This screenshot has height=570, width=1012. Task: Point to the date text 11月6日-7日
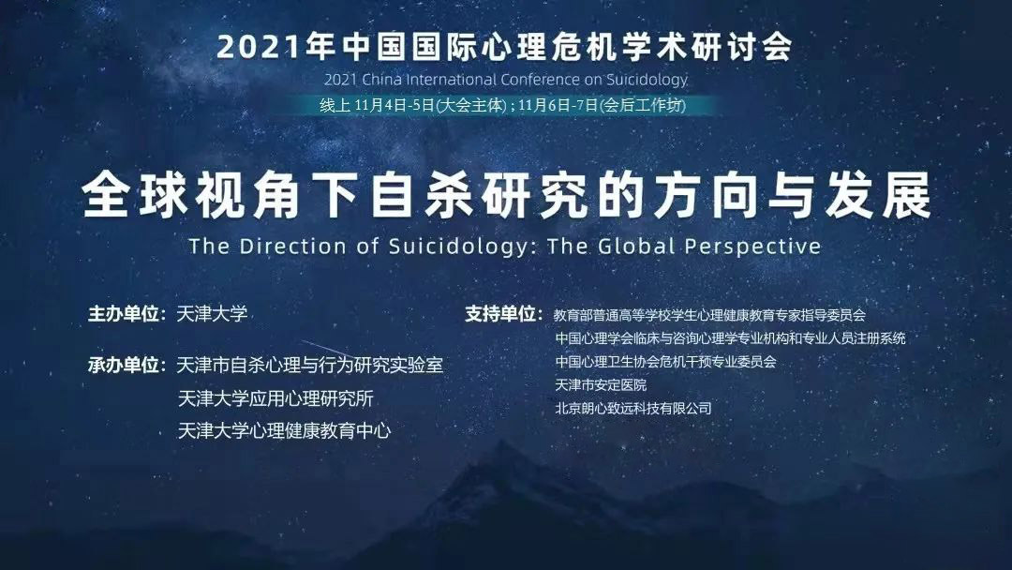click(558, 105)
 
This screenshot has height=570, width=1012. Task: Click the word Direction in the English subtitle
click(292, 246)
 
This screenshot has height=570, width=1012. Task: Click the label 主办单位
click(124, 314)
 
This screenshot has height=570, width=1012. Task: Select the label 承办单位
click(124, 366)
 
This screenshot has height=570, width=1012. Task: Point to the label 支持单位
click(500, 314)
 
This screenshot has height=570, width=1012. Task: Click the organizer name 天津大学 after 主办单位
click(212, 314)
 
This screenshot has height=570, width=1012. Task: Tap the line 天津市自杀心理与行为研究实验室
click(310, 366)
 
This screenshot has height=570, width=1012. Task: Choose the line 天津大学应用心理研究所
click(275, 398)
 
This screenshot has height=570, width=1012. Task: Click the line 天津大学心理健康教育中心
click(284, 430)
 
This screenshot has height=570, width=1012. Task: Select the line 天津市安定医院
click(601, 384)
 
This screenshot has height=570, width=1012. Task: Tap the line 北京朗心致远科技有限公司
click(633, 408)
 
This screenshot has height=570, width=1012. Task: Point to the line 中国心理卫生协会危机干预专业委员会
click(665, 362)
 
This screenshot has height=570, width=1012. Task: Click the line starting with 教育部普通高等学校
click(709, 315)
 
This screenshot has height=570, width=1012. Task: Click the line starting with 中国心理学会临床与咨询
click(730, 338)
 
